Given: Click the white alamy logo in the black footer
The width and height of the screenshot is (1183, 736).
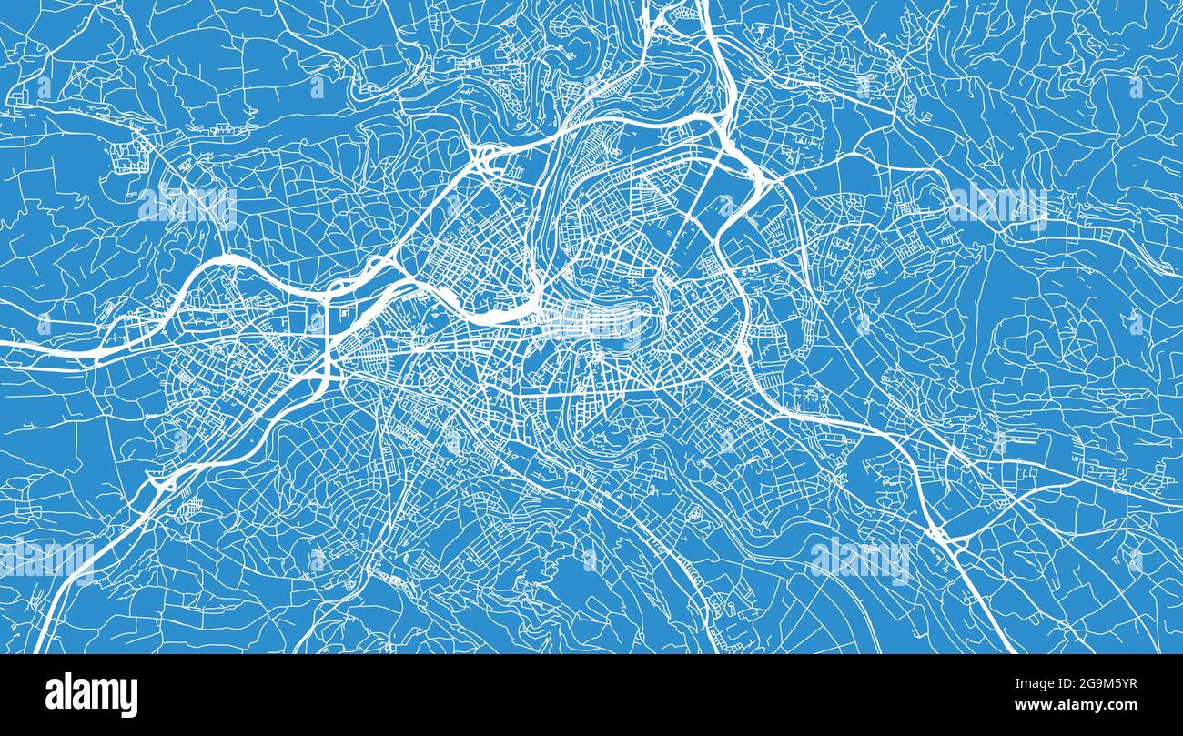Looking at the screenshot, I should [x=91, y=694].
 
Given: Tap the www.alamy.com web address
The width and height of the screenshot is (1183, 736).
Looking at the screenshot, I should [x=1079, y=704].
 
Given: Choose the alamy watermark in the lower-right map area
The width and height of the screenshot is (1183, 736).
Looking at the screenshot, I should [x=860, y=559].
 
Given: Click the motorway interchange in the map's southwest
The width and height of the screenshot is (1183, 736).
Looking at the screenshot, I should [x=164, y=482].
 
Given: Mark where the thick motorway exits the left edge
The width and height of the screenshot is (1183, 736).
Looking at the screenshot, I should [x=5, y=345].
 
